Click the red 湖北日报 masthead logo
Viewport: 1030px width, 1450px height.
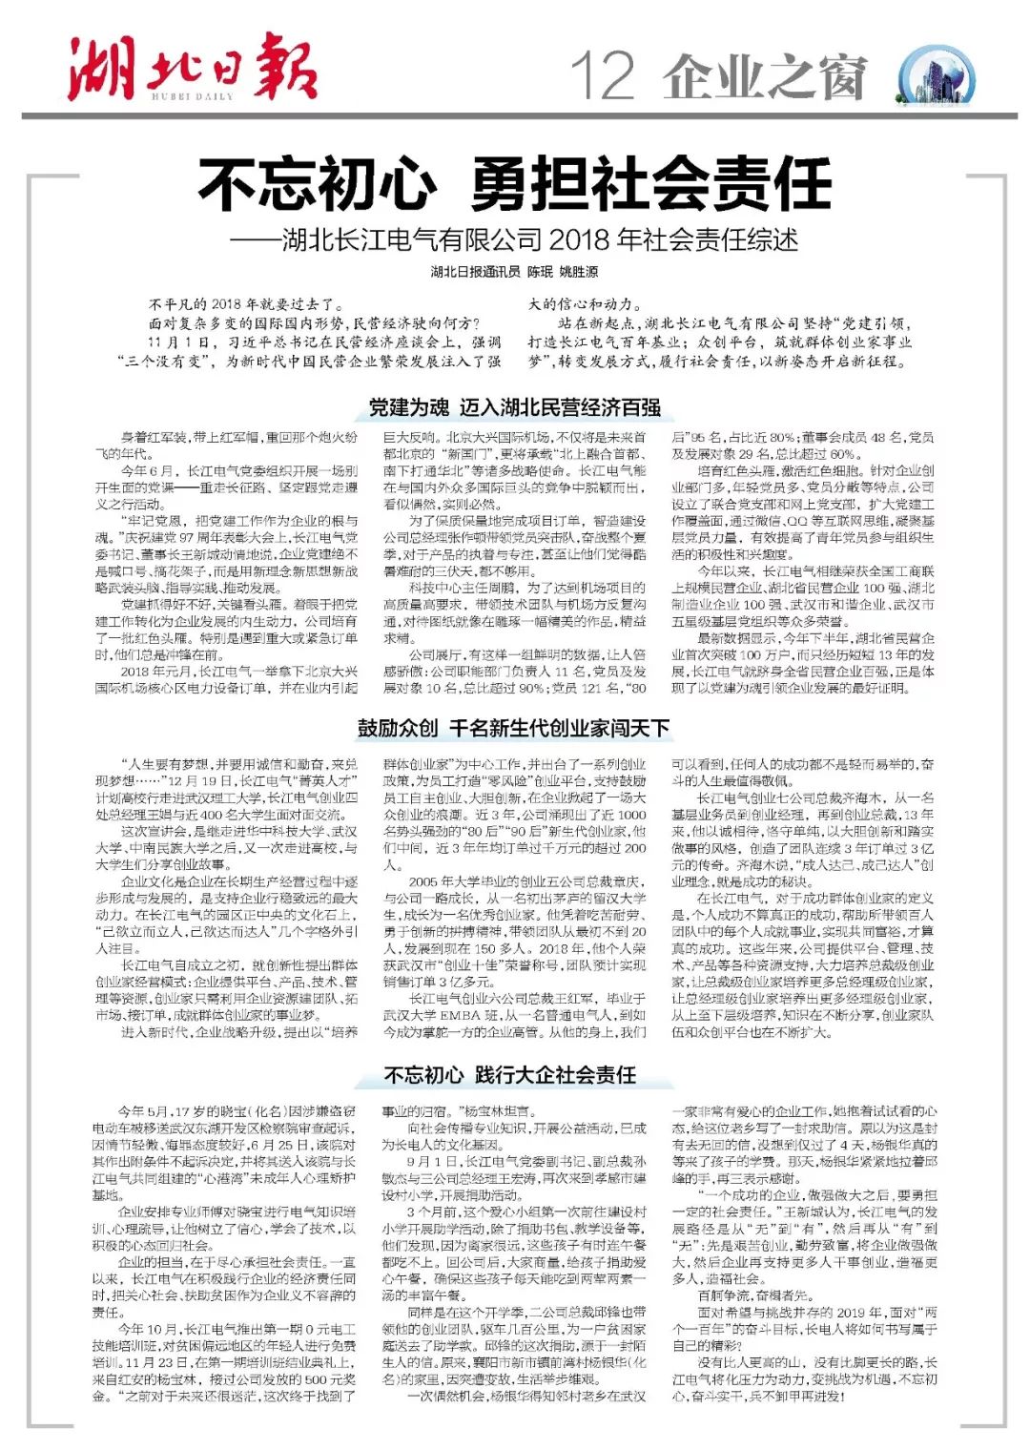coord(191,67)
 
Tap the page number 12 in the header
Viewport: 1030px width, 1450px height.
coord(602,77)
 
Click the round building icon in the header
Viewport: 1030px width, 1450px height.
coord(937,77)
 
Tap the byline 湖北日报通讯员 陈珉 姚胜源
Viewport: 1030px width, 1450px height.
coord(515,272)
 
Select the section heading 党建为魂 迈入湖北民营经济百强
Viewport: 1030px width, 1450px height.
coord(515,407)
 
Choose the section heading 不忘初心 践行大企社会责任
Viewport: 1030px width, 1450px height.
coord(510,1075)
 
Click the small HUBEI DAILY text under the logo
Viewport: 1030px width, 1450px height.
coord(191,95)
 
